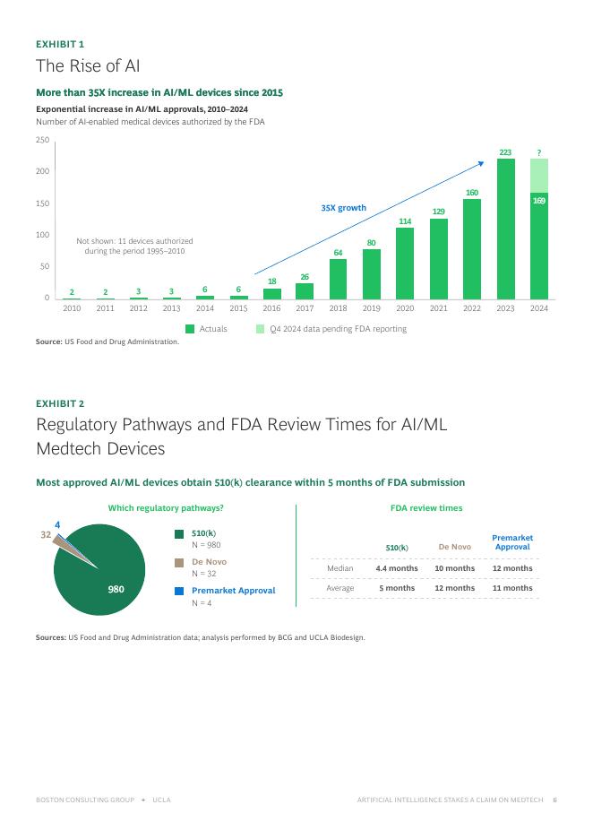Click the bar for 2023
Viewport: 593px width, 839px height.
point(505,229)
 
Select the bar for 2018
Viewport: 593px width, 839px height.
point(338,279)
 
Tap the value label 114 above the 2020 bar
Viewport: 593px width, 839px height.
point(405,221)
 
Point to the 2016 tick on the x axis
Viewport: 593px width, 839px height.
point(271,308)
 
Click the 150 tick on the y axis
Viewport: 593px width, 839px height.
point(42,203)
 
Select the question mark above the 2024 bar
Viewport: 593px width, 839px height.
point(538,152)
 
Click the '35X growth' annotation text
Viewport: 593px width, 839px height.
point(344,208)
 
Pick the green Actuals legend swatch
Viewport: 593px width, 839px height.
point(190,329)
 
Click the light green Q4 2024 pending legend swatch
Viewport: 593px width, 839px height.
point(261,329)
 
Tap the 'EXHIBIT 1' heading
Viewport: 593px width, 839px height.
point(60,43)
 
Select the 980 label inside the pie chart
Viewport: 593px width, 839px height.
point(116,589)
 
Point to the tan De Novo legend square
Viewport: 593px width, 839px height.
point(179,563)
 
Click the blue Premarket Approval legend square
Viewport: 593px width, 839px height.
point(179,591)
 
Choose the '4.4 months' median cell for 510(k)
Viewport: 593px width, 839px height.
point(397,568)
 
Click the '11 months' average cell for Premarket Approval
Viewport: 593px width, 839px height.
point(512,588)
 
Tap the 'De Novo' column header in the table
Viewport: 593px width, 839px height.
point(454,547)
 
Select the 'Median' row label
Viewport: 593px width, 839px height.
point(340,568)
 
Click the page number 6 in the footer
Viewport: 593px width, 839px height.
point(554,800)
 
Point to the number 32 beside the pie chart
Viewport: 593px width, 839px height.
point(46,535)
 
